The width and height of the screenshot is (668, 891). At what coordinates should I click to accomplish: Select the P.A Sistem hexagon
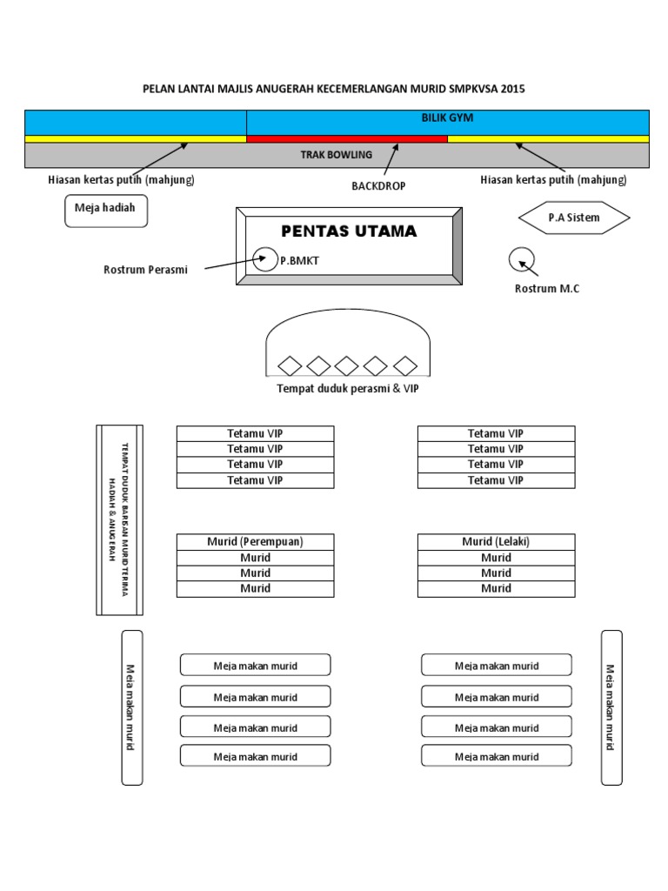574,218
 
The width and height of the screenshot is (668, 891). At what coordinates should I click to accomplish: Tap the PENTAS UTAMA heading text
349,231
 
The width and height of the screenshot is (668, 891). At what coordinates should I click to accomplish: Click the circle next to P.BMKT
264,258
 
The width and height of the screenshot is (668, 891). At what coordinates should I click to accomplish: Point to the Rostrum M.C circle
523,260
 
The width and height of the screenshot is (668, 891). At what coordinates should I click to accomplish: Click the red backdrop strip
347,138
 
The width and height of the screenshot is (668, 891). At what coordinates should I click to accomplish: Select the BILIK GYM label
447,117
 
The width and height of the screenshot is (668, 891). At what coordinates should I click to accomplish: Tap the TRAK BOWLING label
336,155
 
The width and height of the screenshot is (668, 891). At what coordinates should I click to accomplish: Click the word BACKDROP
378,186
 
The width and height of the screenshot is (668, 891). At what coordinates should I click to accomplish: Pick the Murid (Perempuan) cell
255,541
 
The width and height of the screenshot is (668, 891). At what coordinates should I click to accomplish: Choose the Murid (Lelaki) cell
496,541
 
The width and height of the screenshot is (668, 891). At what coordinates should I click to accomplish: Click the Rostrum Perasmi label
145,270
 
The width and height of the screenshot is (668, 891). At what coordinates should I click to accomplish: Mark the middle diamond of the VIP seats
347,365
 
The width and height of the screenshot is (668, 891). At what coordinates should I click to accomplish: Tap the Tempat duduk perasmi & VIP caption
347,389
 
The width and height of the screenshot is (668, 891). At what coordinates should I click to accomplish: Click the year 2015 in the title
511,89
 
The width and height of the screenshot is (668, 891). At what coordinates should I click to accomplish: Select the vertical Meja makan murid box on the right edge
611,707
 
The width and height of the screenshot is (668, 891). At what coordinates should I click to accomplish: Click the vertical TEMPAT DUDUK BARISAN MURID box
119,519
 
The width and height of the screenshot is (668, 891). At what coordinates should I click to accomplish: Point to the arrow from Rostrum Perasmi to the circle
231,263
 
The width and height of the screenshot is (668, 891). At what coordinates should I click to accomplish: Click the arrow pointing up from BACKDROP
391,161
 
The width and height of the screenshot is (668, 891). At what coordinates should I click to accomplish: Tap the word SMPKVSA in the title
473,89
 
